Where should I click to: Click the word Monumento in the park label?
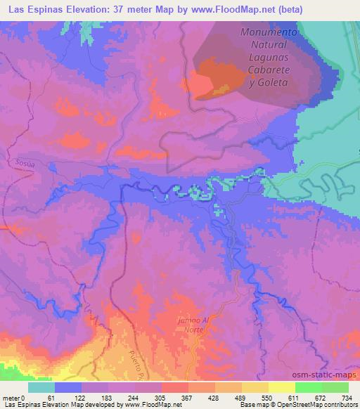(x=270, y=32)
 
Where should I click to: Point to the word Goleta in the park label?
(x=278, y=82)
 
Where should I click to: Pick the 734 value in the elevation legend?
(x=347, y=397)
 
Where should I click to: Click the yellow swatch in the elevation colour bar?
(x=281, y=387)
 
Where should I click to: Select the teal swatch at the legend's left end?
(x=41, y=387)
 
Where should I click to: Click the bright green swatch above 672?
(x=309, y=387)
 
